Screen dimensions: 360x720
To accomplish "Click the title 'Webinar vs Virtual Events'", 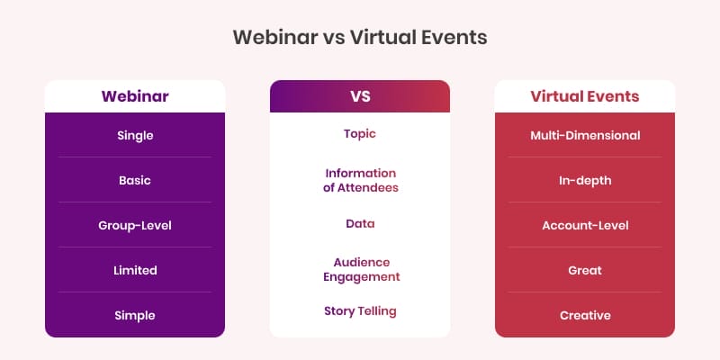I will point(360,38).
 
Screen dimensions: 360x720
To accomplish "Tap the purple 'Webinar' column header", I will point(135,96).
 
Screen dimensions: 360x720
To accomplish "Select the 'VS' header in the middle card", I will point(360,96).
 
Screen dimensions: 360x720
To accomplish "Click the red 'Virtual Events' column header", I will point(584,96).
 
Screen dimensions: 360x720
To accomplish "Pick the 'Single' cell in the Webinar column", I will point(135,135).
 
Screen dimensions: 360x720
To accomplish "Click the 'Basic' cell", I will point(135,180).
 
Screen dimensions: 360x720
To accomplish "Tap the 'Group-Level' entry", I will point(135,225).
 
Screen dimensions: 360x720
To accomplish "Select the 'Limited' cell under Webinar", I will point(135,270).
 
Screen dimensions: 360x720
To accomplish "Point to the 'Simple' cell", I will point(135,315).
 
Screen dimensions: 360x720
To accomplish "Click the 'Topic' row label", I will point(360,133).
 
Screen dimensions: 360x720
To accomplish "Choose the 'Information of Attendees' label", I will point(360,180).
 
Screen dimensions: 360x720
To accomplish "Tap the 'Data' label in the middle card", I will point(360,223).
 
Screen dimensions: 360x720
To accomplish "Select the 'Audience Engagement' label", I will point(360,269).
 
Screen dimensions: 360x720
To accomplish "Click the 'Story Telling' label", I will point(360,311).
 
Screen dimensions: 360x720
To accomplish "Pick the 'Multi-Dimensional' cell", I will point(584,135).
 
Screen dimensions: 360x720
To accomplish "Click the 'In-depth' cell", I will point(584,180).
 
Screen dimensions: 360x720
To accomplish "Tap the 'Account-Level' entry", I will point(584,225).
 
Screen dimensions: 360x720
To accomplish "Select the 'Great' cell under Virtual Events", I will point(584,270).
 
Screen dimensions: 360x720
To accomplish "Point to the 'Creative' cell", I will point(584,315).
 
